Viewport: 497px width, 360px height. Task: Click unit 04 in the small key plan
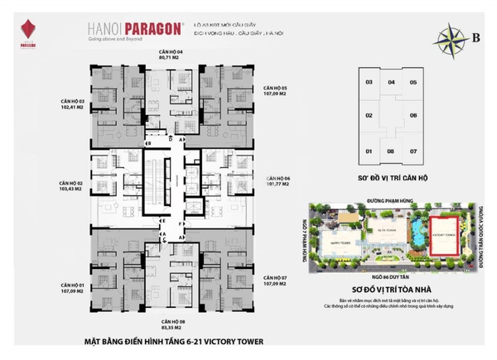click(390, 83)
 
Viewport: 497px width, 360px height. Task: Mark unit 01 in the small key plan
click(368, 151)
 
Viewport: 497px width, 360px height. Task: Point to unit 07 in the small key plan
click(413, 151)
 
